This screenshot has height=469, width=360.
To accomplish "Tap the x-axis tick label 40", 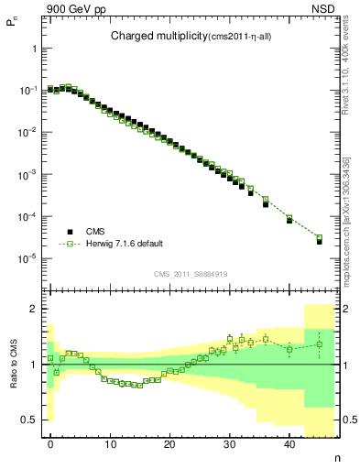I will (289, 444).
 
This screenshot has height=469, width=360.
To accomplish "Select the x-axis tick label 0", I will (50, 444).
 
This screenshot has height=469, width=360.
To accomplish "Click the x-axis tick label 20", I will (169, 444).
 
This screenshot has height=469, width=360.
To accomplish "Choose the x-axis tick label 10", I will (110, 444).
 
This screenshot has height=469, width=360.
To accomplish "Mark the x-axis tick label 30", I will (230, 444).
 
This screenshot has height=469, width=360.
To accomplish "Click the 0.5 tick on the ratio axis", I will (30, 420).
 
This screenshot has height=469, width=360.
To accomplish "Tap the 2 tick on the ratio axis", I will (35, 309).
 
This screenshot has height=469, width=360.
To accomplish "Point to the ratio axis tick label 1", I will (35, 365).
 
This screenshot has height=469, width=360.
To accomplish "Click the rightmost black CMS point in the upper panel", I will (319, 241).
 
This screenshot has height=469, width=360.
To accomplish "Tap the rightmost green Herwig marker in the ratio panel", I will (319, 344).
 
